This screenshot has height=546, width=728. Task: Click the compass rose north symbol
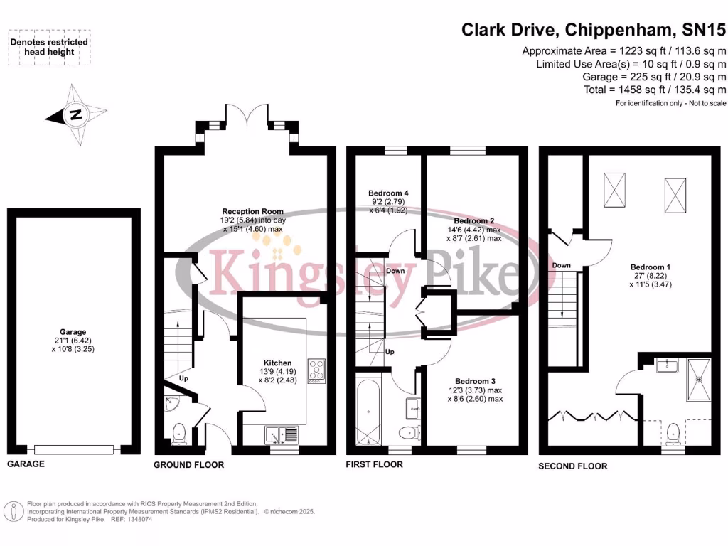(76, 114)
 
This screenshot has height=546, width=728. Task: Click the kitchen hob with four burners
(316, 370)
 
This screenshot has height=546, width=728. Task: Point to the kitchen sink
(282, 435)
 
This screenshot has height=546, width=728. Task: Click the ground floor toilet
(178, 434)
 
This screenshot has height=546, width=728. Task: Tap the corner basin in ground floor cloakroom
(172, 404)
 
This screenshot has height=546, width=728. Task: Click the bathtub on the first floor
(368, 412)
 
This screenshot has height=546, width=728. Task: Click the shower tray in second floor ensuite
(699, 380)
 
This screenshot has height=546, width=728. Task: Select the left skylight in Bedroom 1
(614, 189)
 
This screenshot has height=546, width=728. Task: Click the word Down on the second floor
(562, 266)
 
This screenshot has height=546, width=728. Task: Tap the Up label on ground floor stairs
(183, 378)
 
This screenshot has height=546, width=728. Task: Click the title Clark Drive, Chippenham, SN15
(593, 30)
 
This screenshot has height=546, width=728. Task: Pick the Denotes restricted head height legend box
(49, 47)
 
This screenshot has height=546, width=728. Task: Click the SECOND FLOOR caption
(572, 466)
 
